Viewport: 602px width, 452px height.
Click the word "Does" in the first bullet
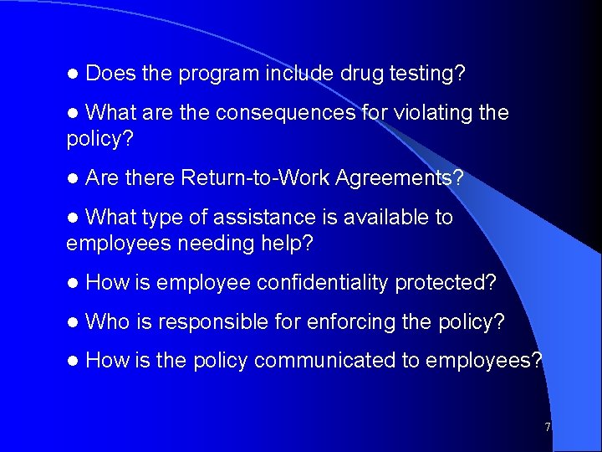pyautogui.click(x=111, y=74)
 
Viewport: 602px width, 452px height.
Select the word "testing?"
pyautogui.click(x=427, y=74)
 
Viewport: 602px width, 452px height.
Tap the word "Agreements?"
pyautogui.click(x=400, y=178)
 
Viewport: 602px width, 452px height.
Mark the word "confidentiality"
pyautogui.click(x=323, y=283)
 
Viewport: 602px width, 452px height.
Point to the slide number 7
pyautogui.click(x=548, y=427)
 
